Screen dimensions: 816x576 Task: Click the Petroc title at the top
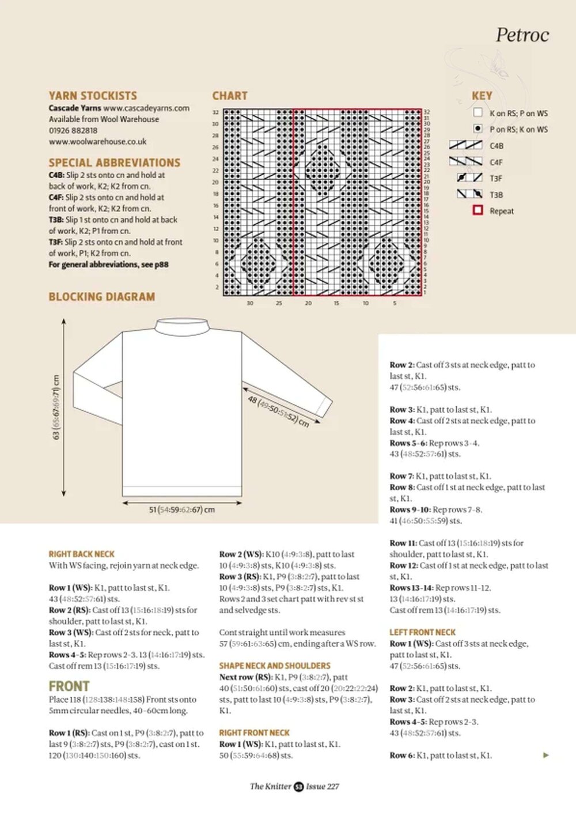(522, 35)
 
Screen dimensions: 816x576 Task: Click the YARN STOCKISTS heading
(93, 96)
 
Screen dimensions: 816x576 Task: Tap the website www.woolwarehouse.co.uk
(97, 141)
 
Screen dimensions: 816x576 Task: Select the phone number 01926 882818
(73, 130)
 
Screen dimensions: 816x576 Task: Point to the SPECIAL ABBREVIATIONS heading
(114, 163)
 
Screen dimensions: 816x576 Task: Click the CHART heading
(229, 96)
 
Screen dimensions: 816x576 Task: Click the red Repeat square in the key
(478, 210)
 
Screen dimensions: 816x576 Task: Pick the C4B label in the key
(496, 146)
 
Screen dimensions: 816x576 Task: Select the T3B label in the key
(496, 195)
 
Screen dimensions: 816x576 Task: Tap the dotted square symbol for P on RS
(478, 129)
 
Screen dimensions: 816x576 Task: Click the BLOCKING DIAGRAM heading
(101, 297)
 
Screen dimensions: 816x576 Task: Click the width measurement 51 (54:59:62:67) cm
(182, 509)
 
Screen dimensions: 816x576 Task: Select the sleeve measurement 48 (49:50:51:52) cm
(278, 411)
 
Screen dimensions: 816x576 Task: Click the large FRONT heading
(69, 686)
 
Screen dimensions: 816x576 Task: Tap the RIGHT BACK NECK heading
(81, 554)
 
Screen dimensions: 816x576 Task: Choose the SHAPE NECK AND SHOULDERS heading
(275, 666)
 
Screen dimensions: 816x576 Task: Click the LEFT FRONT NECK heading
(422, 632)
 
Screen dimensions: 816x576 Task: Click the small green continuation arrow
(546, 755)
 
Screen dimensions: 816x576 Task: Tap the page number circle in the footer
(298, 787)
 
